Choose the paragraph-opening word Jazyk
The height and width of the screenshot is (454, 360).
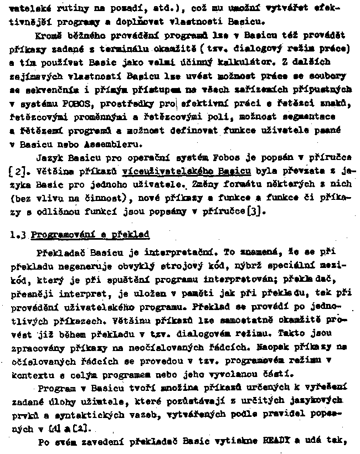48,158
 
